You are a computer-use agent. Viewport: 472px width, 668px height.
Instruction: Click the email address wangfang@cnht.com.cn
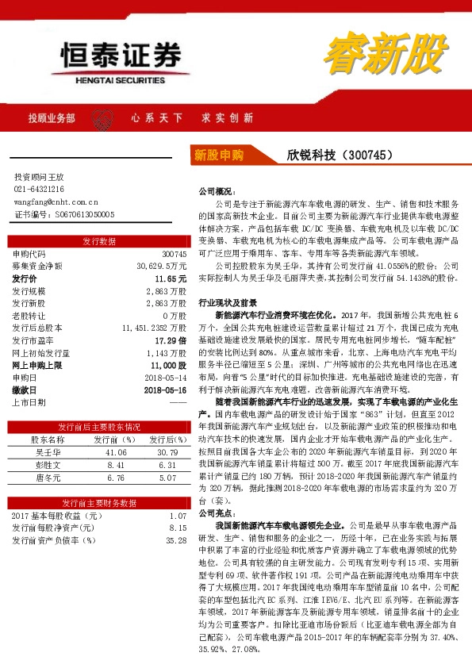[x=56, y=202]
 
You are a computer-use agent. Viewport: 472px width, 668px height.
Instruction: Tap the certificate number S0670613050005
[x=75, y=214]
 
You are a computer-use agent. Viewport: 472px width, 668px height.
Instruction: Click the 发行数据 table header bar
[x=99, y=241]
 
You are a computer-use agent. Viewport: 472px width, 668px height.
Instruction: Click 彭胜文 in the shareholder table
[x=48, y=464]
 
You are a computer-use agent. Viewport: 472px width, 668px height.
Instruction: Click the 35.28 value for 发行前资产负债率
[x=175, y=540]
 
